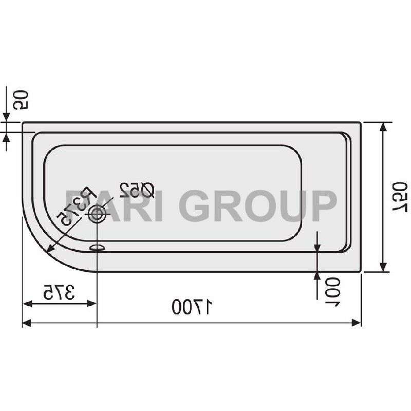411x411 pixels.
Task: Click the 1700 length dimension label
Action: pos(192,307)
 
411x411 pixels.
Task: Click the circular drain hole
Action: pos(96,215)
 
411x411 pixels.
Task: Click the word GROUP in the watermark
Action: pos(258,205)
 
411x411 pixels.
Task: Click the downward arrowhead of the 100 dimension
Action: pos(317,248)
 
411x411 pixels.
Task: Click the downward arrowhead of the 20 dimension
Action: pos(6,118)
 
